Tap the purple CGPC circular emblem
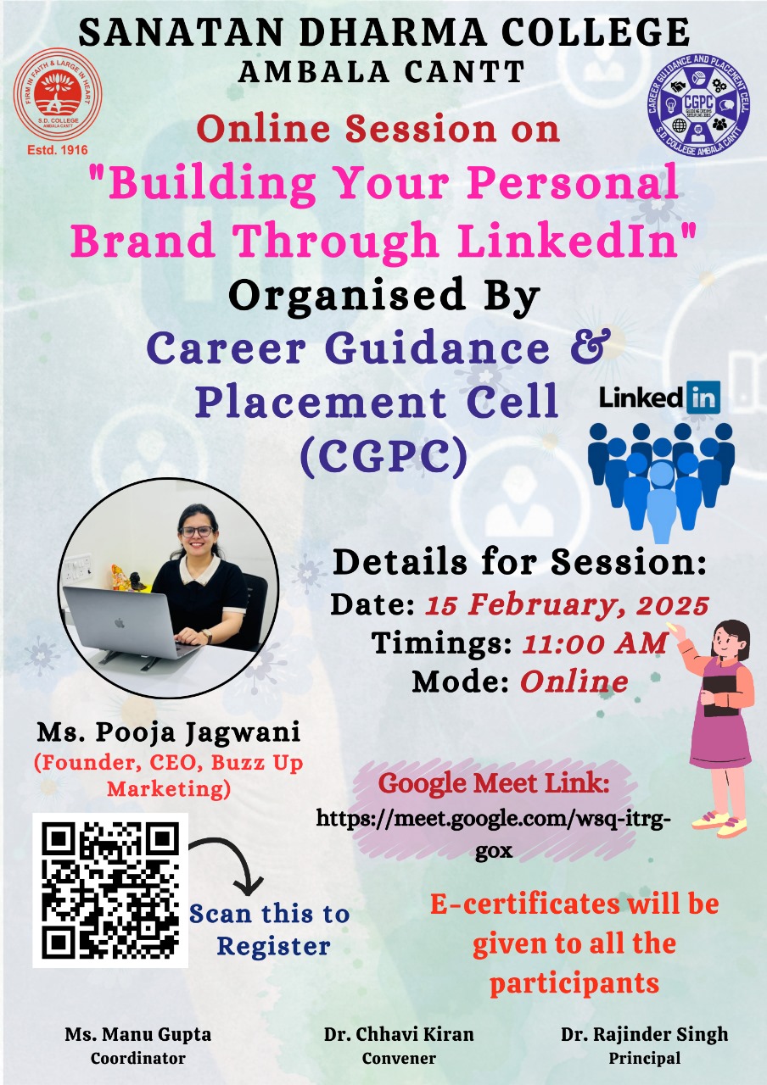point(698,104)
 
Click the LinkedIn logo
point(660,398)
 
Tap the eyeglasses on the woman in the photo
point(196,531)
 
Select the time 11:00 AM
point(595,643)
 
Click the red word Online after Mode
point(574,682)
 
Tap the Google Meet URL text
point(494,835)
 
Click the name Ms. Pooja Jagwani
point(169,732)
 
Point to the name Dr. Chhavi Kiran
point(399,1035)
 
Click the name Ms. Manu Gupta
point(138,1035)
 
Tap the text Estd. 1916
point(58,150)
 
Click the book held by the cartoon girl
point(721,695)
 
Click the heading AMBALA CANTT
point(382,72)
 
